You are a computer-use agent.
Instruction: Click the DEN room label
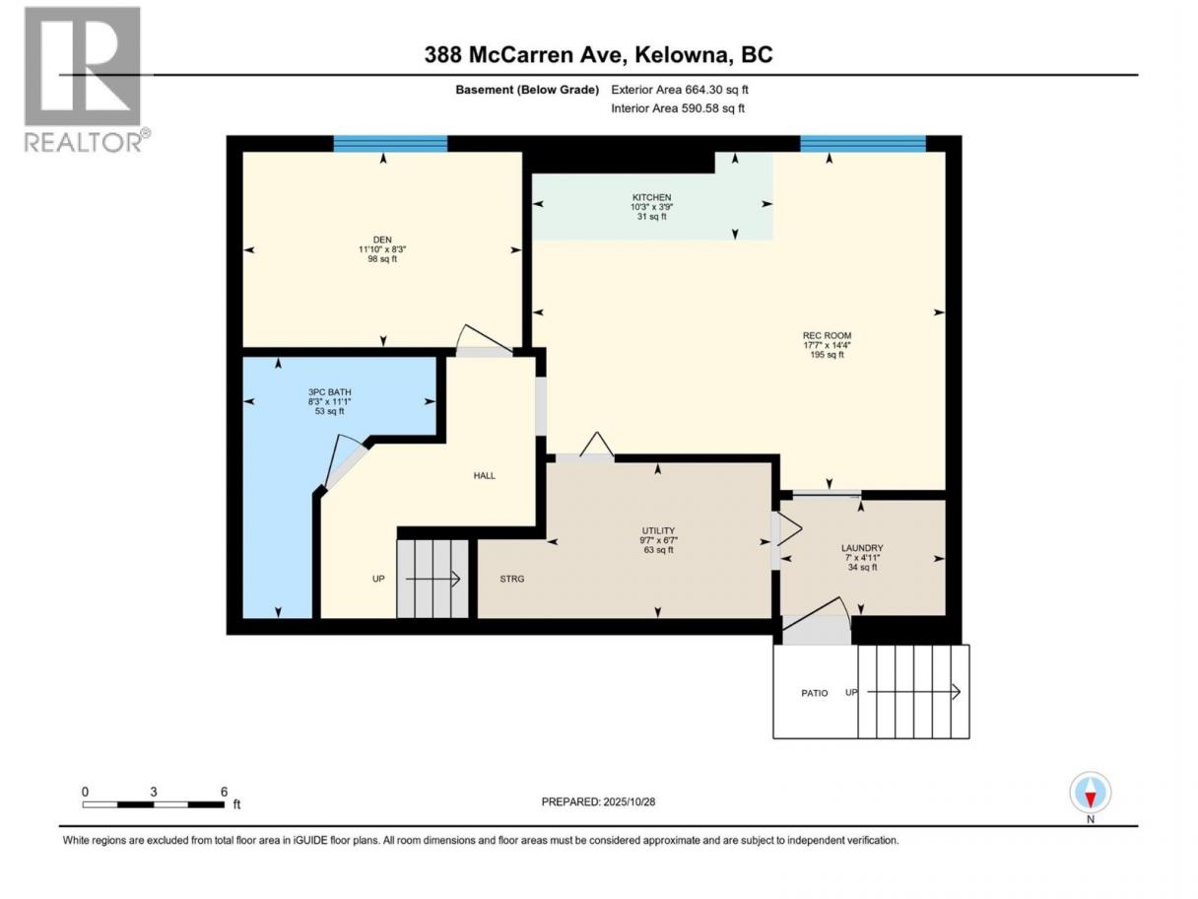(382, 240)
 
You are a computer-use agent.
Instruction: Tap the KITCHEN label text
(651, 197)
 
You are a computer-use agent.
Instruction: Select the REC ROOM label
(827, 336)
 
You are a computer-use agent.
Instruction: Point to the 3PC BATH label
(329, 392)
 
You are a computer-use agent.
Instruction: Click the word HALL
(484, 476)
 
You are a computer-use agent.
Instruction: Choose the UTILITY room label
(658, 530)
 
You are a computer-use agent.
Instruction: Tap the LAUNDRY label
(862, 547)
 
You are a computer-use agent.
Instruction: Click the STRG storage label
(512, 579)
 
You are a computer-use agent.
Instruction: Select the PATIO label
(815, 693)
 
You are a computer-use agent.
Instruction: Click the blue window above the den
(390, 144)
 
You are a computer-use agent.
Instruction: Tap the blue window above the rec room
(863, 144)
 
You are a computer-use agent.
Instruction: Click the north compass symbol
(1090, 792)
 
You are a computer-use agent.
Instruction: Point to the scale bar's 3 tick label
(154, 792)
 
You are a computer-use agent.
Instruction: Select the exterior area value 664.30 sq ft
(716, 90)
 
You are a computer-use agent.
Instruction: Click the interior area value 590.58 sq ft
(713, 108)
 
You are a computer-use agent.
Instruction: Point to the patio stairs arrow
(913, 692)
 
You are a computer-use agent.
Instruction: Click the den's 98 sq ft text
(382, 258)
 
